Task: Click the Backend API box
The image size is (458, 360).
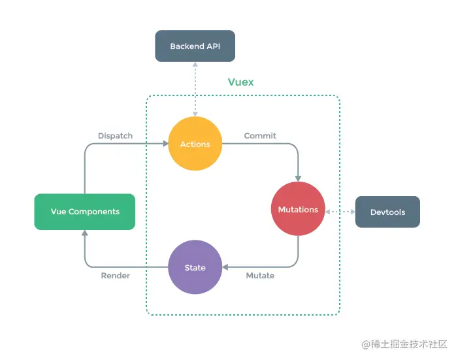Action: click(194, 46)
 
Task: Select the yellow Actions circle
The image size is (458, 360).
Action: click(195, 144)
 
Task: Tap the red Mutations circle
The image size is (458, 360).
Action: click(298, 209)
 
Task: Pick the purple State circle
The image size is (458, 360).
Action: click(195, 267)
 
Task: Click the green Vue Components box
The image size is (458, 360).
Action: click(85, 212)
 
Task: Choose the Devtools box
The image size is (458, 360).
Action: click(387, 212)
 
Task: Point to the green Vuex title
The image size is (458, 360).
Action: click(240, 82)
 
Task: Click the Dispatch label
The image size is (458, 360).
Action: click(115, 136)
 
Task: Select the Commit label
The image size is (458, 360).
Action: click(260, 136)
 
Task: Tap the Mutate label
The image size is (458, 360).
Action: click(260, 276)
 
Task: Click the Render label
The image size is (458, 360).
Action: click(115, 276)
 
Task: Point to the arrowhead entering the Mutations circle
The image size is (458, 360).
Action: click(299, 178)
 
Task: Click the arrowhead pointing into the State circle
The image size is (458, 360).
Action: click(225, 267)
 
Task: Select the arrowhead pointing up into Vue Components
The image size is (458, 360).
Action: click(85, 233)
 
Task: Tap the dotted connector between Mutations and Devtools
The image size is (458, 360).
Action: click(340, 212)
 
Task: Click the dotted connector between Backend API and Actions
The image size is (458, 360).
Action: click(195, 88)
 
